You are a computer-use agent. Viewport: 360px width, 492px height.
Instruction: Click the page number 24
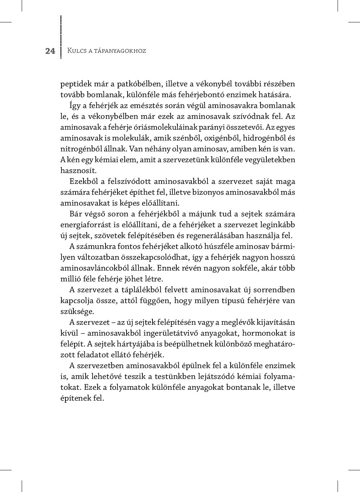[x=50, y=51]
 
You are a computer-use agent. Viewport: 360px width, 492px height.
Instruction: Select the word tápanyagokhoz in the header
[x=120, y=51]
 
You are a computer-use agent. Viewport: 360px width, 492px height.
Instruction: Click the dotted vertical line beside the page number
[x=61, y=36]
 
